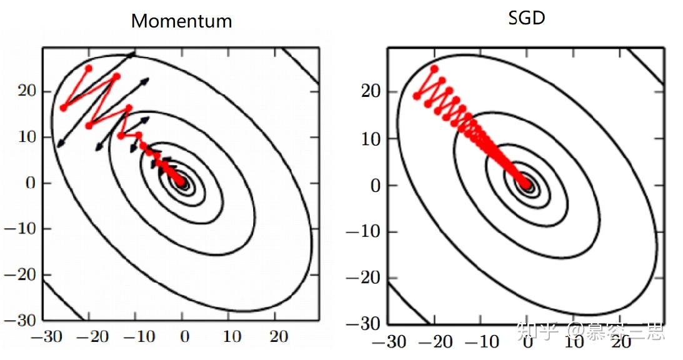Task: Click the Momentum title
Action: click(x=181, y=21)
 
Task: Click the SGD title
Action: click(x=527, y=18)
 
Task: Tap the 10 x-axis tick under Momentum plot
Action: click(x=231, y=337)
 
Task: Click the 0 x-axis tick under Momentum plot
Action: click(x=184, y=337)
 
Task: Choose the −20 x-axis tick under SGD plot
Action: click(x=437, y=341)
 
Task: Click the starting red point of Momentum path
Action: click(x=89, y=67)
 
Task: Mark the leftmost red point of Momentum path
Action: click(x=63, y=108)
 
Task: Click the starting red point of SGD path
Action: click(x=434, y=69)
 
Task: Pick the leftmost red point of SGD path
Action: click(x=417, y=96)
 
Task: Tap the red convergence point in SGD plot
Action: click(x=527, y=184)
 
